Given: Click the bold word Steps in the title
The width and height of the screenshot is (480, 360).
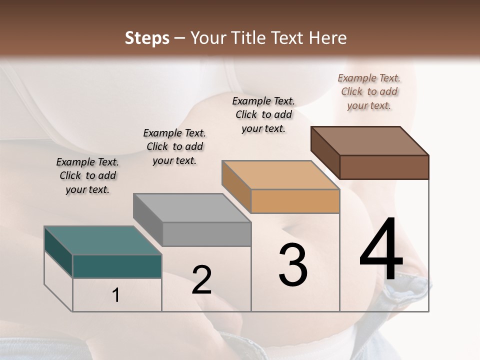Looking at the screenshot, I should point(147,38).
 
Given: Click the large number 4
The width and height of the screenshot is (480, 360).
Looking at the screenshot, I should point(381,250).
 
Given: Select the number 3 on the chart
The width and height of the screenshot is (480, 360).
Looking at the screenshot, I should point(292,265).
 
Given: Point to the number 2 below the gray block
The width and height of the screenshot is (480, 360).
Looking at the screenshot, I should point(201,280).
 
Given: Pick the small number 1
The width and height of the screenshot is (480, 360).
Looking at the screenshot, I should point(116,295).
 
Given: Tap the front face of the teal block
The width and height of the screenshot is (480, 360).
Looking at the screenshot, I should point(117,266).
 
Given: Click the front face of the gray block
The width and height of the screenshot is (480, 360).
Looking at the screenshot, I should point(206,234).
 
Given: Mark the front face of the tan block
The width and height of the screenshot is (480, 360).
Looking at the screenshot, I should point(295,201).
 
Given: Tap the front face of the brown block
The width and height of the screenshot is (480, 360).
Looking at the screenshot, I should point(384,167).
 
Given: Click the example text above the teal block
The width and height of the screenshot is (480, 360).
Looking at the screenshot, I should point(87,175).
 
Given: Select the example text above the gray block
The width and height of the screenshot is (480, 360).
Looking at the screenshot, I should point(174,146).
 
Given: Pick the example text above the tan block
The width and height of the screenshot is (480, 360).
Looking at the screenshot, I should point(263,114).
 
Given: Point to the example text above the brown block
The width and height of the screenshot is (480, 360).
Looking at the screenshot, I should point(369,91).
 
